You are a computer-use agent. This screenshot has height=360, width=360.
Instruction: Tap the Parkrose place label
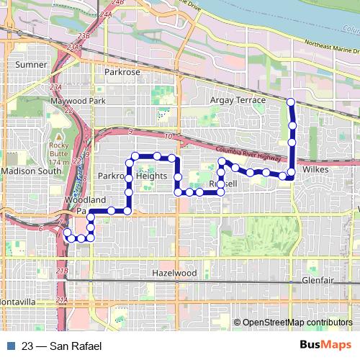(x=122, y=73)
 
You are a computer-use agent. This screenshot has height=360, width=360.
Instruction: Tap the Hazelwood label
(x=174, y=274)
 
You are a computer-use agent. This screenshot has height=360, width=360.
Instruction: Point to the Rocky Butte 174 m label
(x=58, y=152)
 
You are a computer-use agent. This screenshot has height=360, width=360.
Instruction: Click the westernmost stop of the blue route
(x=67, y=233)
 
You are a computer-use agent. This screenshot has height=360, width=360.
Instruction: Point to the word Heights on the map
(x=153, y=176)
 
